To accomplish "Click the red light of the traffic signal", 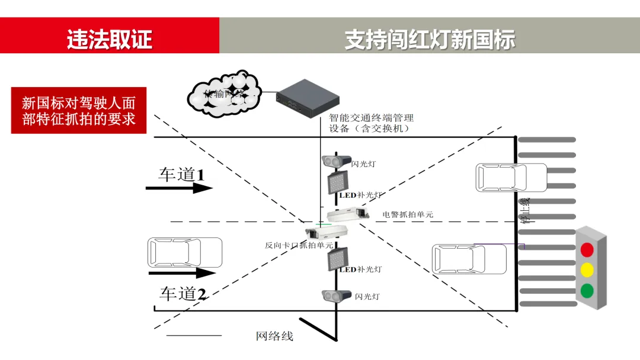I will click(x=587, y=249).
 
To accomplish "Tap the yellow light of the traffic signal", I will click(x=587, y=270).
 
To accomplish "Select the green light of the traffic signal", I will click(x=587, y=291).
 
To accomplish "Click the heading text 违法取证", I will click(x=110, y=39).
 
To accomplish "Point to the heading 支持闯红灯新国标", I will click(x=430, y=39).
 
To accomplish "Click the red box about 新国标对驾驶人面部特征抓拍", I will click(x=79, y=110).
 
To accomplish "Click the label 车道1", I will click(x=181, y=174).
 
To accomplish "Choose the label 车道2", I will click(x=183, y=294).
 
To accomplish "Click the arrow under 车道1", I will click(x=179, y=188).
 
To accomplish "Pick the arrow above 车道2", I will click(x=181, y=273).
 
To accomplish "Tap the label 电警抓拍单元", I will click(x=408, y=214).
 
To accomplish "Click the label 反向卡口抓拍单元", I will click(x=299, y=245).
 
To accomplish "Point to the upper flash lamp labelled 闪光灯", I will click(x=335, y=161).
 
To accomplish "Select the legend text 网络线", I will click(x=274, y=336).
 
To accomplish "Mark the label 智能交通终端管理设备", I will click(x=372, y=123).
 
